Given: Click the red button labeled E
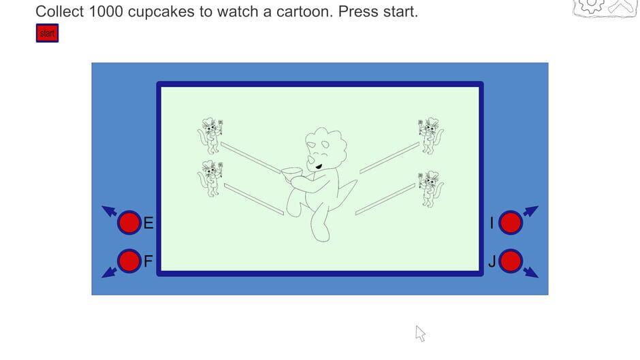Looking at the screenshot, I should click(x=129, y=223).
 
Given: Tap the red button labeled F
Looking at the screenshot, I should click(x=129, y=261).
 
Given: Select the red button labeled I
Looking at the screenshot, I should click(x=511, y=223).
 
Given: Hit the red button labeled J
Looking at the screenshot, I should click(x=511, y=261).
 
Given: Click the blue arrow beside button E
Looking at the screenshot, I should click(x=109, y=211).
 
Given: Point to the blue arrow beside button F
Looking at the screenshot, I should click(x=109, y=272).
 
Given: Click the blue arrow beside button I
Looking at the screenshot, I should click(x=531, y=211).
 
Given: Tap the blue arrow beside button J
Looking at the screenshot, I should click(x=531, y=272).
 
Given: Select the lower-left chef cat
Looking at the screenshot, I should click(x=210, y=178).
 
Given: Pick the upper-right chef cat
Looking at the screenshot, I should click(x=430, y=135).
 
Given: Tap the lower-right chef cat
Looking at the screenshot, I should click(x=430, y=188).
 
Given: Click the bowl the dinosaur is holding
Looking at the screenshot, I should click(x=293, y=175).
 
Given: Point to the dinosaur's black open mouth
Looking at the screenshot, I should click(x=319, y=165).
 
